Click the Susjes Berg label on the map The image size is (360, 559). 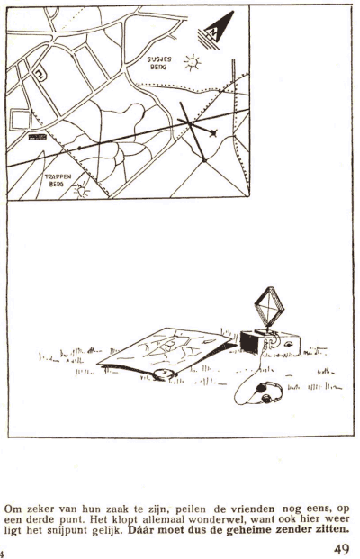coord(159,63)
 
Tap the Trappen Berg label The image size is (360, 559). coord(58,180)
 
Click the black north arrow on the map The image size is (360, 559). coord(216,31)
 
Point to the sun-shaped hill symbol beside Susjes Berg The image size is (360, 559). coord(192,63)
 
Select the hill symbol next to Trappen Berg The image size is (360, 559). coord(82,191)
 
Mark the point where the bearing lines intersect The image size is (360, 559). coord(191,123)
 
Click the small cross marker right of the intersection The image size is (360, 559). coord(213,133)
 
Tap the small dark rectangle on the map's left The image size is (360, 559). coord(38,137)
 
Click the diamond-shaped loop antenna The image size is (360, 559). coord(269,307)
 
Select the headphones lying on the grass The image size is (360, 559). coord(268,392)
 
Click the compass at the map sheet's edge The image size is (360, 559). coord(165,374)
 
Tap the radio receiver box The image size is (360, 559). coord(270,343)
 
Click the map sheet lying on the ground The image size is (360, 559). coord(165,350)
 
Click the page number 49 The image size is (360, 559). coord(342,549)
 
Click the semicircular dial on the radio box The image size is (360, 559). coord(288,344)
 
